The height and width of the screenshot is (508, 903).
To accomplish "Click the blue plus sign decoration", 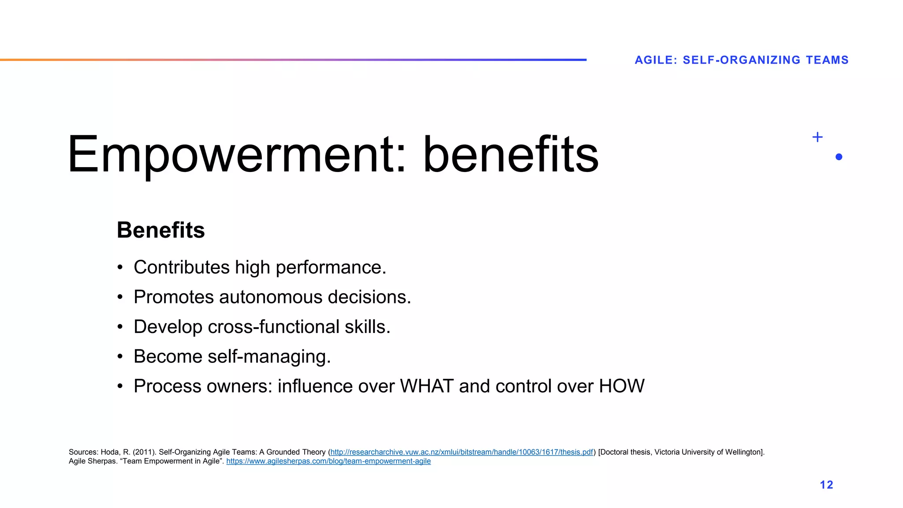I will [817, 137].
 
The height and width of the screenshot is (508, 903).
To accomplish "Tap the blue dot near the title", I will [839, 157].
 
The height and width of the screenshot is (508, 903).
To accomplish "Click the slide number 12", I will [826, 485].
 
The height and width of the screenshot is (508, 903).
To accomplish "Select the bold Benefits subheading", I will [161, 230].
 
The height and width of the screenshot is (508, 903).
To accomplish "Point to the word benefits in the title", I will [511, 154].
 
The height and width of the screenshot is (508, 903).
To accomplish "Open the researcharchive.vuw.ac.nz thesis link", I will [462, 452].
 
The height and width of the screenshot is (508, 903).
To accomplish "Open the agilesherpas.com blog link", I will [328, 461].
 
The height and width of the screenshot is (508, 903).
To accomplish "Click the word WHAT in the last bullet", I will [427, 386].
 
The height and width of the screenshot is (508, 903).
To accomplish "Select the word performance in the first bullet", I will [331, 268].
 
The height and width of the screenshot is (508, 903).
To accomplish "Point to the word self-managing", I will [269, 356].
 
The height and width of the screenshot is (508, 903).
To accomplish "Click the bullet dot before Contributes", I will [120, 268].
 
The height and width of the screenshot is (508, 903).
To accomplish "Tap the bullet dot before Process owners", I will [120, 386].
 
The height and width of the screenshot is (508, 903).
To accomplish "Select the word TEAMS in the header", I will [827, 60].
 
